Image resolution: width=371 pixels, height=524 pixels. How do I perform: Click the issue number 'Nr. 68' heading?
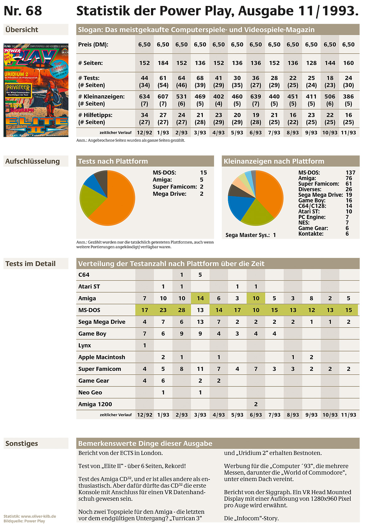(x=23, y=11)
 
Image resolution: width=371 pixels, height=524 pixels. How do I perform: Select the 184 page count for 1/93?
(x=163, y=63)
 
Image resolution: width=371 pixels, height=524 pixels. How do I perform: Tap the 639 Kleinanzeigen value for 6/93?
(x=255, y=96)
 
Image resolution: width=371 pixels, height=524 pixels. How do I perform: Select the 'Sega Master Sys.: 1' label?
(x=250, y=235)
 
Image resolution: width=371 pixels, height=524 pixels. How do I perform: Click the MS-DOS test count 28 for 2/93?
(x=182, y=310)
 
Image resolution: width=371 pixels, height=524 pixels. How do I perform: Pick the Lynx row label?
(x=84, y=345)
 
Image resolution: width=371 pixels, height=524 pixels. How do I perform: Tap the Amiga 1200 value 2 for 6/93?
(x=256, y=404)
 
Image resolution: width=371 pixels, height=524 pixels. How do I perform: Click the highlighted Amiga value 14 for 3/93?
(x=200, y=298)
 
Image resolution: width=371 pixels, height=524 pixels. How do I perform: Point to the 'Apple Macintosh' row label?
(x=102, y=357)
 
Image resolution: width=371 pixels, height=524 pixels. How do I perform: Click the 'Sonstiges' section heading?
(x=22, y=443)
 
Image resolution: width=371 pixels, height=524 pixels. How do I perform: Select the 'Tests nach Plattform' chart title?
(x=113, y=161)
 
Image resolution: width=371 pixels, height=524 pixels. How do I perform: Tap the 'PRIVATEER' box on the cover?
(x=18, y=90)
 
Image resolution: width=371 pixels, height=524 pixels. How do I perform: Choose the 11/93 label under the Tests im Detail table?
(x=348, y=415)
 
